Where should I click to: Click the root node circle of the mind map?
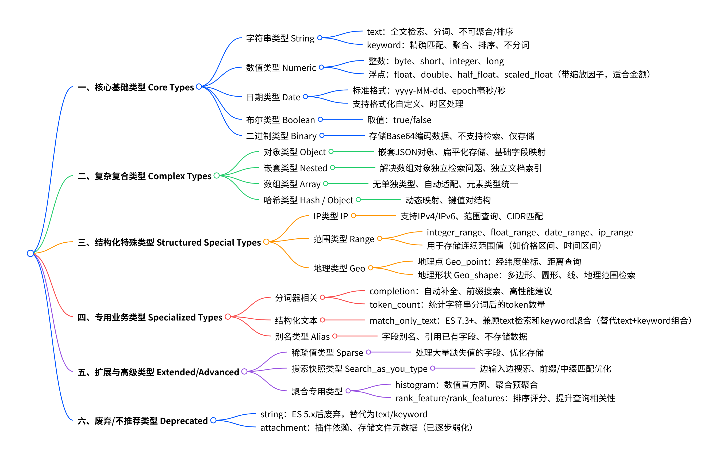tap(30, 253)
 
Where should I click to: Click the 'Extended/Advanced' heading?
tap(158, 372)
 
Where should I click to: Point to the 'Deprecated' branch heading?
tap(143, 421)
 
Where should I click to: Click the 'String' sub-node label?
tap(280, 38)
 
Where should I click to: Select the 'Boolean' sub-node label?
tap(280, 120)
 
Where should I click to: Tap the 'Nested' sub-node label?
tap(295, 168)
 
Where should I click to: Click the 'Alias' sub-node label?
tap(302, 336)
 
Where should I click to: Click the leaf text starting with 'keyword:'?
tap(448, 45)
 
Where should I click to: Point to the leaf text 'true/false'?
tap(399, 120)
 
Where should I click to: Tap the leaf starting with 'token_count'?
tap(457, 304)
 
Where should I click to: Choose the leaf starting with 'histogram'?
tap(466, 385)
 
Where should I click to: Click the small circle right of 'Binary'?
tap(322, 135)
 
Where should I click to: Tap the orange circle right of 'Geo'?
tap(371, 268)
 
